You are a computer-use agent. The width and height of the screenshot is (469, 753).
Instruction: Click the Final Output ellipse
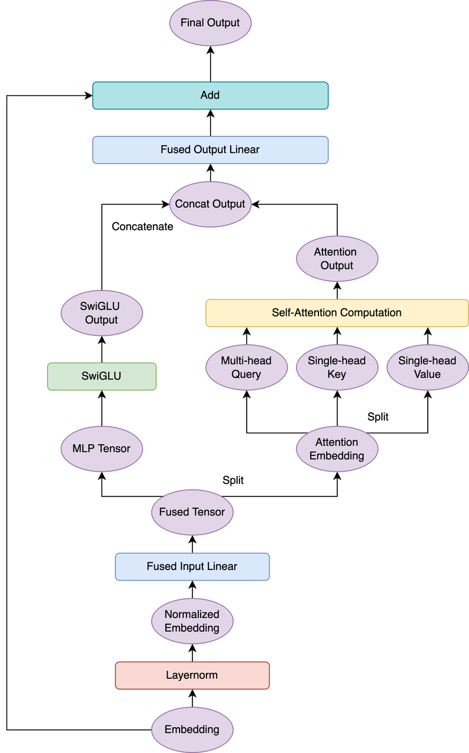[210, 23]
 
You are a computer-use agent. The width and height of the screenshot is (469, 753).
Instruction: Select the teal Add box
[210, 95]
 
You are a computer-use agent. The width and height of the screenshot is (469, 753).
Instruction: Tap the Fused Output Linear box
[210, 150]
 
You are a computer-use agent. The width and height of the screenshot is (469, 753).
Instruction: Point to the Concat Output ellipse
[210, 204]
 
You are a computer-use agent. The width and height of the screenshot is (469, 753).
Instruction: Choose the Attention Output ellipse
[337, 259]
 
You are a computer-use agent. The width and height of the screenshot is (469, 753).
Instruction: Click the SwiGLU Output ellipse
[102, 313]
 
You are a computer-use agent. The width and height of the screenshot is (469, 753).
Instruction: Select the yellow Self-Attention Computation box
[337, 312]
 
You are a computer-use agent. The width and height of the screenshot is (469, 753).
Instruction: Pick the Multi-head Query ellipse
[246, 368]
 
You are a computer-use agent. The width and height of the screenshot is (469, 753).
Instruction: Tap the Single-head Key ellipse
[337, 368]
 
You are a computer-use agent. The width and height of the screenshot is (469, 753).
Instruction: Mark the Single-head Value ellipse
[427, 368]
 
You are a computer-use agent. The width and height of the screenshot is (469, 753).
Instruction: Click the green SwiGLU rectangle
[102, 376]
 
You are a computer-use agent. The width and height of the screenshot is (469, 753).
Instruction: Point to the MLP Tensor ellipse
[102, 449]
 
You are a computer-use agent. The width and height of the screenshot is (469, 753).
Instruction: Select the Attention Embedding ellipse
[337, 449]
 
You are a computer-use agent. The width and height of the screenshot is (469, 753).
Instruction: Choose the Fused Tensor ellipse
[192, 512]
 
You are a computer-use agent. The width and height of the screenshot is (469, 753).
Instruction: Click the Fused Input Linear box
[192, 567]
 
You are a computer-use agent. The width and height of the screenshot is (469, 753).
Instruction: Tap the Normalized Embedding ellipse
[192, 621]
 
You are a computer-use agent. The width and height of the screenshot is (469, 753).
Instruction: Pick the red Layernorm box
[192, 675]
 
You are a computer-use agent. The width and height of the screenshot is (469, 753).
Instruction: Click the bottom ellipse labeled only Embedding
[192, 729]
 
